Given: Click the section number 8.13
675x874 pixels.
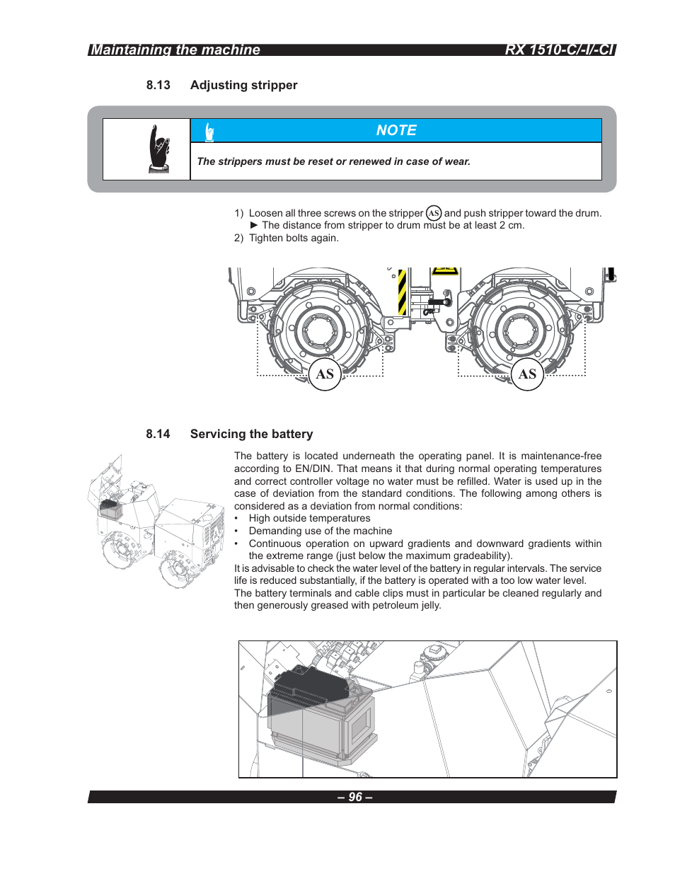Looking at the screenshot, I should coord(158,85).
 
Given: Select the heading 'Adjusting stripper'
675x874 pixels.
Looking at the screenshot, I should coord(243,85).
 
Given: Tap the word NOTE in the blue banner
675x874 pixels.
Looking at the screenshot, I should coord(396,130).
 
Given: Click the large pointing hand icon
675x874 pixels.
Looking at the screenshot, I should coord(160,149).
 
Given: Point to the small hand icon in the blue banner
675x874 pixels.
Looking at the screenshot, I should coord(209,132).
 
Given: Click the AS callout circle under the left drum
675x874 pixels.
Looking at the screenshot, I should coord(325,374).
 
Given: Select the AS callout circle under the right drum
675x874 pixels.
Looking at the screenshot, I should coord(527,374).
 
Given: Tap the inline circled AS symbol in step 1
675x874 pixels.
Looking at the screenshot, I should coord(434,213).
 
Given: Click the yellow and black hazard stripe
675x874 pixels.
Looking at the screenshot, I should coord(402,292).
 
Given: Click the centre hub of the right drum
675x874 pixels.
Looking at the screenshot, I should coord(521,331).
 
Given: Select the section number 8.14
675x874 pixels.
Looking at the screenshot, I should coord(158,434).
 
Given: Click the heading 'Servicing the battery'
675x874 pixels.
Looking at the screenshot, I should coord(251,434).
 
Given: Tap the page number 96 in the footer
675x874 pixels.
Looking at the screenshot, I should coord(355,797).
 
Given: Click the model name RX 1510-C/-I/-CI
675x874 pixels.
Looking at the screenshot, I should coord(559,50).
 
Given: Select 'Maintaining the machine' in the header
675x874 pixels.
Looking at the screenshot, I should coord(175,50).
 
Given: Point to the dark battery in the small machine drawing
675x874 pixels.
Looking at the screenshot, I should coord(110,507).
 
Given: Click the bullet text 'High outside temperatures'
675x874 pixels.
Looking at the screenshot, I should coord(309,518).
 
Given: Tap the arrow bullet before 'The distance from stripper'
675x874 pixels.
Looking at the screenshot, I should coord(254,225).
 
